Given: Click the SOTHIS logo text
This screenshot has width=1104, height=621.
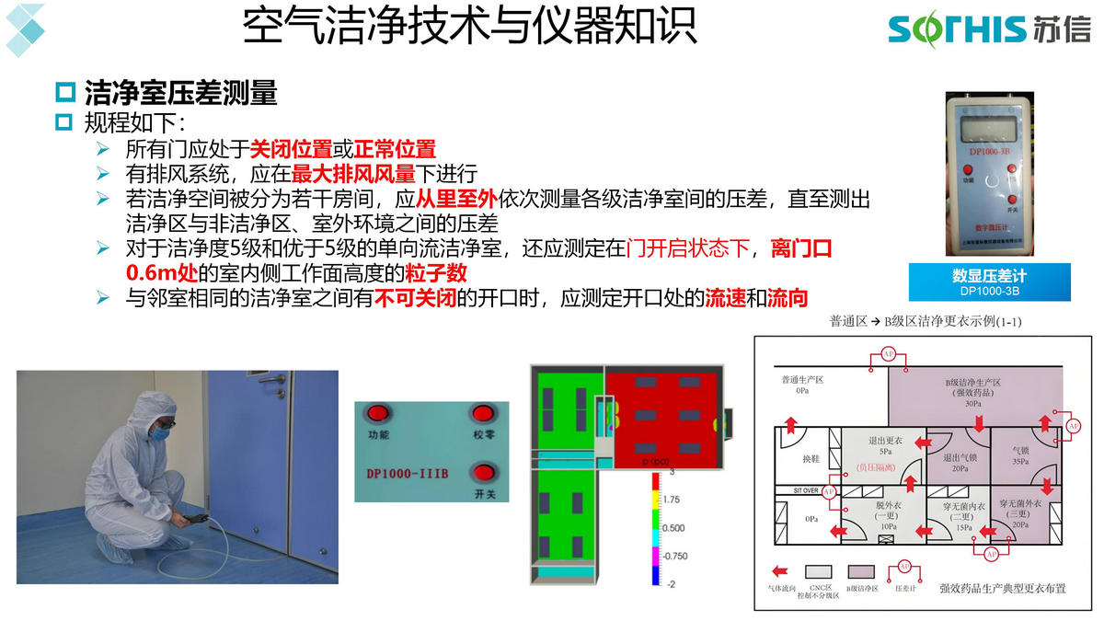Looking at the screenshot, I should tap(957, 29).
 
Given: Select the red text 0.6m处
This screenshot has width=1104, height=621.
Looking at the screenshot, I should tap(161, 273).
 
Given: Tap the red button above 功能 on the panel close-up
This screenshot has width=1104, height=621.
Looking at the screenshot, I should tap(377, 412).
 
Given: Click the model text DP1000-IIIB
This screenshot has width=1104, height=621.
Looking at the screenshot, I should tap(408, 473).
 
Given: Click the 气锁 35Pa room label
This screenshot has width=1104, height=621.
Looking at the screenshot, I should tap(1019, 456).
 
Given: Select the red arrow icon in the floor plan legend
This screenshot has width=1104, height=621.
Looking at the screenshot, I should tap(779, 570).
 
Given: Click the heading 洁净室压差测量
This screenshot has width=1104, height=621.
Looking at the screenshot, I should tap(180, 93).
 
